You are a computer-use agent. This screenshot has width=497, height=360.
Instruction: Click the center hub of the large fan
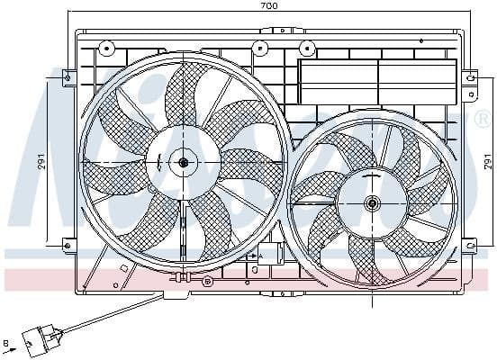pyautogui.click(x=184, y=162)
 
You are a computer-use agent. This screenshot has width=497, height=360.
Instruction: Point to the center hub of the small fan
pyautogui.click(x=373, y=202)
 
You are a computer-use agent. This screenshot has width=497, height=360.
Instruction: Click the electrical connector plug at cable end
pyautogui.click(x=38, y=340)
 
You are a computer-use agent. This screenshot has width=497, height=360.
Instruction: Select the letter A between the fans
pyautogui.click(x=260, y=256)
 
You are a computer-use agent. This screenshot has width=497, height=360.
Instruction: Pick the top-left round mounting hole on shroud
pyautogui.click(x=106, y=48)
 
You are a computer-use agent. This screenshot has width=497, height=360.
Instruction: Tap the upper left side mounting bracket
pyautogui.click(x=68, y=78)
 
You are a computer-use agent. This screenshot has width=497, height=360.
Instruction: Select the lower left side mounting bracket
pyautogui.click(x=68, y=243)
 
